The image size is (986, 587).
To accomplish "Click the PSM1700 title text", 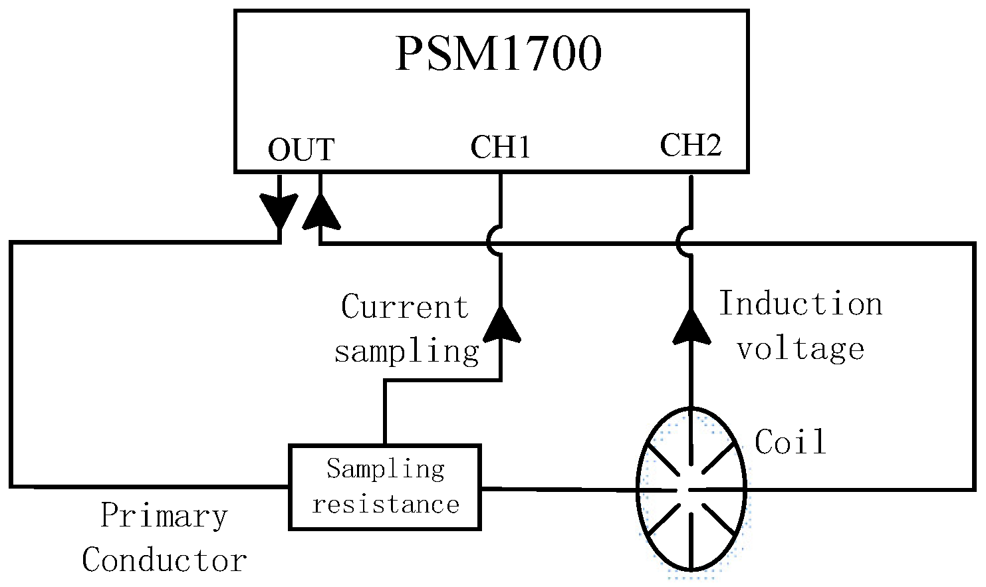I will [498, 54].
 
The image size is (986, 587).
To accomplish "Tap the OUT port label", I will [301, 150].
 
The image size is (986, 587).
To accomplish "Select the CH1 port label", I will [500, 147].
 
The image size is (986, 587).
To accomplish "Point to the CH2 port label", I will [690, 145].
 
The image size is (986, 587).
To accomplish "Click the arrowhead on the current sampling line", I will [500, 325].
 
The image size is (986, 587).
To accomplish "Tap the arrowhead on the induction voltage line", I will [691, 326].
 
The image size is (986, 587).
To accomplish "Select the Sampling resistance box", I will [385, 487].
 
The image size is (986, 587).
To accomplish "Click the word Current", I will [404, 307].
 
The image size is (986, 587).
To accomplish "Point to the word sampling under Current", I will [406, 350].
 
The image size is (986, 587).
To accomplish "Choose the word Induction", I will [801, 304].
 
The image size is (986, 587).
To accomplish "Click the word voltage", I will [801, 348].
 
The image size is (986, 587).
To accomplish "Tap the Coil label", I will [791, 441].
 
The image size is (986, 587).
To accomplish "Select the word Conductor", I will [164, 560].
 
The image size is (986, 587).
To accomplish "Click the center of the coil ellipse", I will [691, 489].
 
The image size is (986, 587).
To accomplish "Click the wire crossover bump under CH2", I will [685, 241].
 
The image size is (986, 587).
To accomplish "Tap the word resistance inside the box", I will [386, 505].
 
